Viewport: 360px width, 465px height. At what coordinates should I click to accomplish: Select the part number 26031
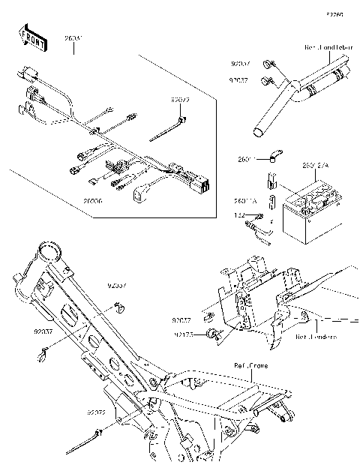click(x=73, y=38)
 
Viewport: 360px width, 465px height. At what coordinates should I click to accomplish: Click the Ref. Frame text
click(x=250, y=365)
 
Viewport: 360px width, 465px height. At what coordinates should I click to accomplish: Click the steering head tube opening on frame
click(x=50, y=249)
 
